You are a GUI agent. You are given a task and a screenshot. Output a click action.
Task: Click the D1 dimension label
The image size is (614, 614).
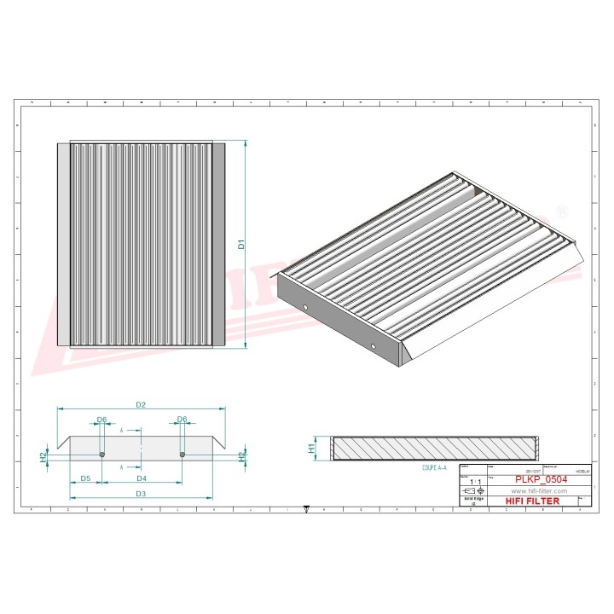click(241, 244)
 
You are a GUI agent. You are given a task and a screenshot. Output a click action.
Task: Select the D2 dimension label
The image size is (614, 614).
click(142, 403)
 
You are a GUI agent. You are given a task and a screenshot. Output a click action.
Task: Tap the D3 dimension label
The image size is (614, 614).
click(141, 494)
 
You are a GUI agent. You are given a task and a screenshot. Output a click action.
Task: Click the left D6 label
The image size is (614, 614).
click(101, 420)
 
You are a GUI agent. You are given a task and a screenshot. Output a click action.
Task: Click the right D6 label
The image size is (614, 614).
click(182, 420)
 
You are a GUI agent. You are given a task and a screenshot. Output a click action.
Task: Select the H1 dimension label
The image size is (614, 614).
click(312, 446)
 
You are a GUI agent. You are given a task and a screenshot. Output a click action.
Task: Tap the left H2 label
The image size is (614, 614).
click(43, 456)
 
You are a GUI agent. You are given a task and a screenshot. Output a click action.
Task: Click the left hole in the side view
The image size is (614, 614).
click(101, 454)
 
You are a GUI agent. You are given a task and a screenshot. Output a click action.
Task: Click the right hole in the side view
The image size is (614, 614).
click(182, 454)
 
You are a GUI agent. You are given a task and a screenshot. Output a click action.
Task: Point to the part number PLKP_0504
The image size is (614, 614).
click(538, 480)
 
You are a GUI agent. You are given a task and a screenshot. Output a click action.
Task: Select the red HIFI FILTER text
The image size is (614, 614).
click(533, 501)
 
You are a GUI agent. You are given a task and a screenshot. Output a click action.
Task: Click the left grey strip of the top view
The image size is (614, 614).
click(64, 244)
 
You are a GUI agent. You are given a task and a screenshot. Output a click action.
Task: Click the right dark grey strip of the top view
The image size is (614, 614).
click(217, 244)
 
